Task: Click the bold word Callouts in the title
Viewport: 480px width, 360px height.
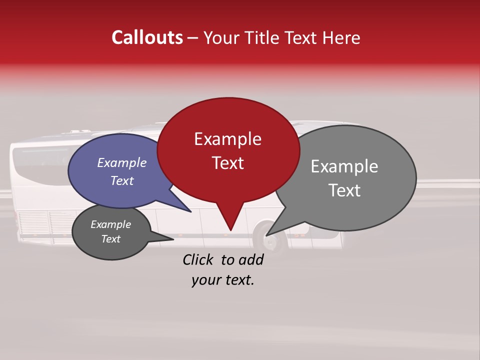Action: pyautogui.click(x=147, y=37)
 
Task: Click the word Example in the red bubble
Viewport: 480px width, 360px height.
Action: pyautogui.click(x=227, y=139)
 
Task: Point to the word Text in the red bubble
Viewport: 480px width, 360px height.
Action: pyautogui.click(x=227, y=163)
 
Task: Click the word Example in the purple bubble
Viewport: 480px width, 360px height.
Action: pyautogui.click(x=121, y=162)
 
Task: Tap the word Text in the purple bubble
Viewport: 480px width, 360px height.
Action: pyautogui.click(x=121, y=180)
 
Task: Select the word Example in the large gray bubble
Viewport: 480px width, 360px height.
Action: pyautogui.click(x=344, y=166)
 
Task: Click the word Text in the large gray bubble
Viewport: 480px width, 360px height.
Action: pyautogui.click(x=344, y=190)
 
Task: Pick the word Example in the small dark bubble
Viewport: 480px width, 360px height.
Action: pyautogui.click(x=110, y=224)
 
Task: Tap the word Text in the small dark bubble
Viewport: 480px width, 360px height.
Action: pyautogui.click(x=110, y=239)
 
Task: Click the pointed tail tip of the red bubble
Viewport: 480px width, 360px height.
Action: pyautogui.click(x=230, y=230)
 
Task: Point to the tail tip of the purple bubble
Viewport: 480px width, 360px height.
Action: pyautogui.click(x=190, y=211)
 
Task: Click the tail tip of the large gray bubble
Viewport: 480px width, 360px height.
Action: pyautogui.click(x=266, y=235)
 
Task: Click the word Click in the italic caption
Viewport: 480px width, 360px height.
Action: pyautogui.click(x=198, y=259)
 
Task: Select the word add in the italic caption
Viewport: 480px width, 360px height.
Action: pyautogui.click(x=251, y=259)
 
